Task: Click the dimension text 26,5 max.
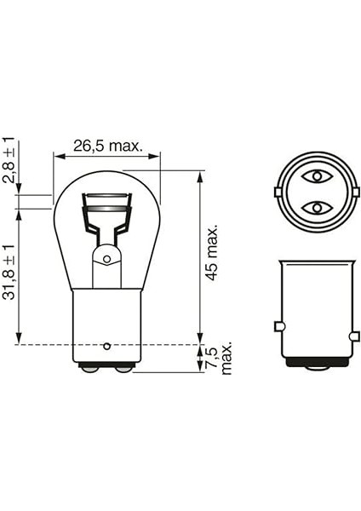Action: point(106,146)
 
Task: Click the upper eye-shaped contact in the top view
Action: point(316,176)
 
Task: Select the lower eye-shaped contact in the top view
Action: point(316,207)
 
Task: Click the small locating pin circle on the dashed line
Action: point(106,345)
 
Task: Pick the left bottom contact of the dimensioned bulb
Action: point(89,368)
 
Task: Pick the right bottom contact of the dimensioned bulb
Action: point(123,368)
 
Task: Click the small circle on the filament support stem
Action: point(106,258)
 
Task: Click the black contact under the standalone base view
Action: point(316,362)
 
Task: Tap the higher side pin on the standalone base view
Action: point(278,326)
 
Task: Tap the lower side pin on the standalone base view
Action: point(354,337)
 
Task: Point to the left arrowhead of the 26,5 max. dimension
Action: point(57,156)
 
